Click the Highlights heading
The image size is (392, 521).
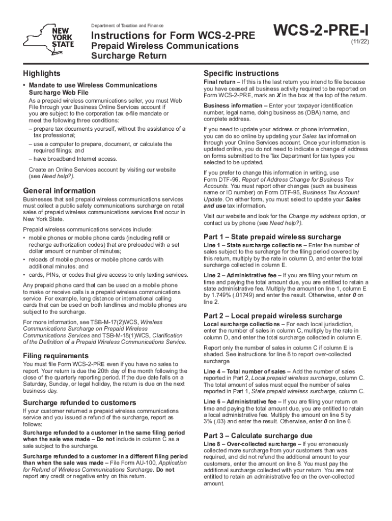[42, 73]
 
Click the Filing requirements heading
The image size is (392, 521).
[56, 355]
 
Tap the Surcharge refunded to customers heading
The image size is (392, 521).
[79, 402]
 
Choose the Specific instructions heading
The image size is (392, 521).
[241, 73]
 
